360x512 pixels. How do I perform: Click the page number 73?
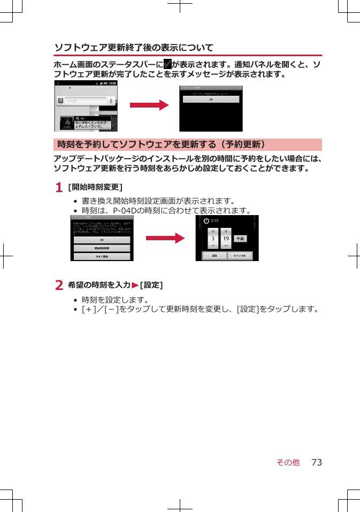[x=317, y=462]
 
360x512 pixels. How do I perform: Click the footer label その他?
[x=288, y=462]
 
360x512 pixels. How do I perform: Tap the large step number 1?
[x=59, y=187]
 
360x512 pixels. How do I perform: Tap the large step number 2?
[x=59, y=286]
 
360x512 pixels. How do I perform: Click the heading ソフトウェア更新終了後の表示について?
[x=134, y=48]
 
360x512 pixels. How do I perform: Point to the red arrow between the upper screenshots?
[x=149, y=105]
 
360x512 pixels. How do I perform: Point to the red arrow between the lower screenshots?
[x=165, y=238]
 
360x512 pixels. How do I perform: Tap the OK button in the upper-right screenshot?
[x=210, y=99]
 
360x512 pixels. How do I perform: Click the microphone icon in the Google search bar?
[x=111, y=101]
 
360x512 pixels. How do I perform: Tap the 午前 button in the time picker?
[x=241, y=239]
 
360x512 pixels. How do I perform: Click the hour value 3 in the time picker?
[x=213, y=239]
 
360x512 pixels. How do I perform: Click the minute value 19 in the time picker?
[x=226, y=239]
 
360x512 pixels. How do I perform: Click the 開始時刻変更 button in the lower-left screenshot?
[x=102, y=248]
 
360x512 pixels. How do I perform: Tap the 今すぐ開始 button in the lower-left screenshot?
[x=102, y=256]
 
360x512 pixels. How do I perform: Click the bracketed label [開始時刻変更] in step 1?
[x=95, y=187]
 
